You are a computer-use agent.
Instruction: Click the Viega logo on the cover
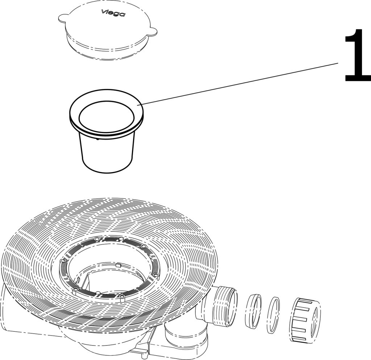113,13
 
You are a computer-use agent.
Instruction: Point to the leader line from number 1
239,84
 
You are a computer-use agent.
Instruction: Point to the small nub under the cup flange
98,139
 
